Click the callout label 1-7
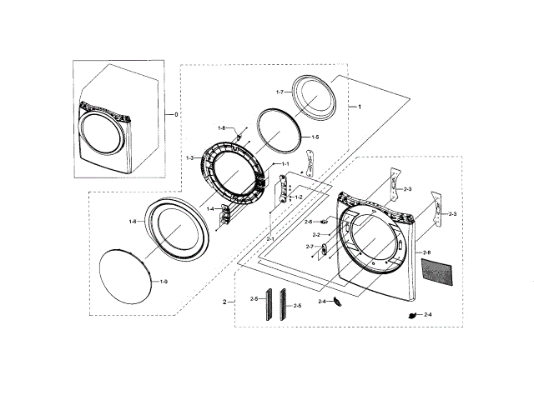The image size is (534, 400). point(280,92)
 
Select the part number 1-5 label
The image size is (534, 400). point(315,137)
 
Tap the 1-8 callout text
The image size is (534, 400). point(222,127)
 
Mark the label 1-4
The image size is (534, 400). point(210,208)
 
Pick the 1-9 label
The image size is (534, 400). point(164,282)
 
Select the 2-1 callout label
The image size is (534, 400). point(270,240)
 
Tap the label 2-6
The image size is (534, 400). point(308,222)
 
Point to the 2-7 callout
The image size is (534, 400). point(309,247)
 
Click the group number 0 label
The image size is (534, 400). point(176,113)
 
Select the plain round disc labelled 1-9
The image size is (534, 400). point(123,277)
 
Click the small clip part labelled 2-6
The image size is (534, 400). point(322,222)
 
